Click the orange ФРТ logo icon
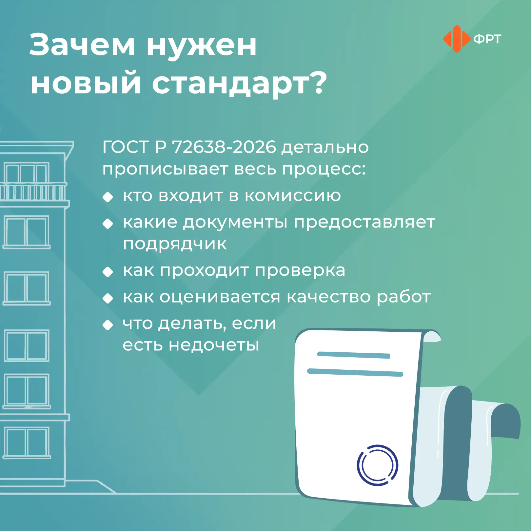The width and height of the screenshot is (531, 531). click(x=457, y=39)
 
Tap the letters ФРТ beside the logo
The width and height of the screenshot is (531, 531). click(x=487, y=39)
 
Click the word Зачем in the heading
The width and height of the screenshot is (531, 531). click(x=82, y=45)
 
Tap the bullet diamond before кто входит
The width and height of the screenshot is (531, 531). click(x=108, y=197)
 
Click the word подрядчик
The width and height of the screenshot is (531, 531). click(x=175, y=244)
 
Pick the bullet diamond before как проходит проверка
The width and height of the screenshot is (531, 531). click(x=108, y=272)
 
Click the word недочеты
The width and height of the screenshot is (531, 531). click(x=214, y=345)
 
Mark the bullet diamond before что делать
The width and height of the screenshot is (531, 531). click(x=108, y=325)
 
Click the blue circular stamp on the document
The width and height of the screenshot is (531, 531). click(x=378, y=465)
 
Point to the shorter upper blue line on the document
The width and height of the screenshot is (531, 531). click(x=354, y=355)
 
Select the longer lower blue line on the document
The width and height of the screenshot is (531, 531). click(x=355, y=372)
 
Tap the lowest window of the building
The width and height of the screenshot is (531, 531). click(x=27, y=442)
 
